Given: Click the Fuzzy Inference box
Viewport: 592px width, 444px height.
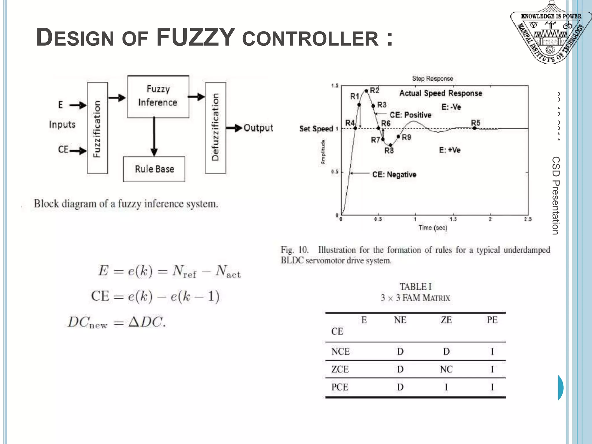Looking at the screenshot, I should [158, 96].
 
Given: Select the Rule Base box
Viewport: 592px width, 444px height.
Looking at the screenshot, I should [154, 169].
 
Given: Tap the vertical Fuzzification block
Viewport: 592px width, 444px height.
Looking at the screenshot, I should [97, 128].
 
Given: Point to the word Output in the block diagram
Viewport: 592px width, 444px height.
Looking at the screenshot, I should [258, 128].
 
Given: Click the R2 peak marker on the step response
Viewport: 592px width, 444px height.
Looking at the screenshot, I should [366, 91].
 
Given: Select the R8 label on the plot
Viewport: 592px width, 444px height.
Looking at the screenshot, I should [389, 151].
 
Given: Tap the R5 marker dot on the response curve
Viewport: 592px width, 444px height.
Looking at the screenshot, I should [474, 128].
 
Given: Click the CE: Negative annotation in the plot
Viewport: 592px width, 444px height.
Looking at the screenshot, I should [394, 175].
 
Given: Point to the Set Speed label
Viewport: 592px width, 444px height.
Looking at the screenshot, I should [316, 129].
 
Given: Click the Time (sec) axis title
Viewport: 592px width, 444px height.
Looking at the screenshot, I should [433, 228].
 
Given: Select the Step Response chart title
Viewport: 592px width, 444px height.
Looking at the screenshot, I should [432, 79].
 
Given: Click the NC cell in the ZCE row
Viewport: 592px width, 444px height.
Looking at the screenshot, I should [446, 369].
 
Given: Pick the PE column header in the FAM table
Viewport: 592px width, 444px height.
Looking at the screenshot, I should [492, 320].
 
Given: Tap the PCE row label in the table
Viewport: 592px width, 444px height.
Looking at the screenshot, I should [340, 387].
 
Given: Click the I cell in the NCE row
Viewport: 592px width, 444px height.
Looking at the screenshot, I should [492, 351].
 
